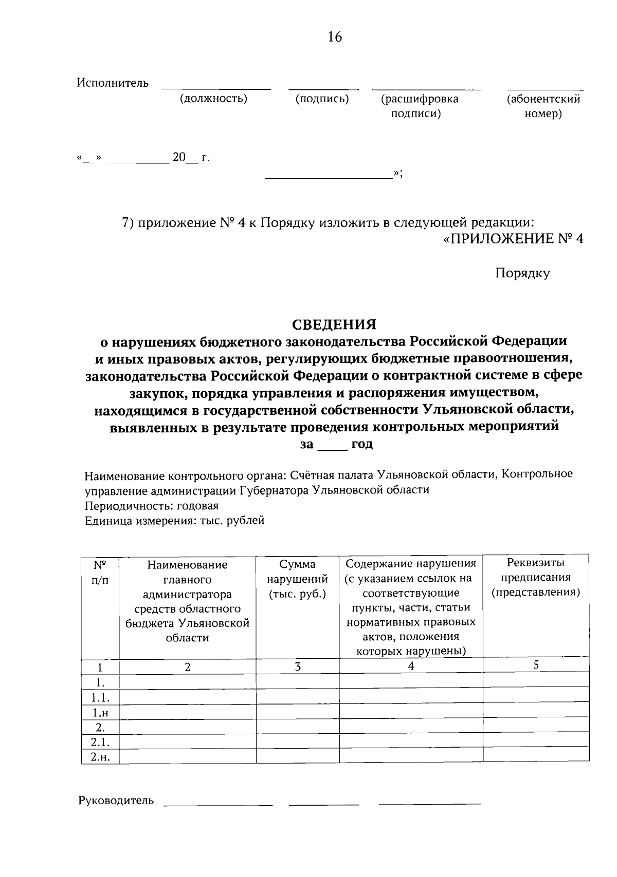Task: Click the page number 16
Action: click(x=334, y=37)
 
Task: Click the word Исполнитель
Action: click(x=113, y=83)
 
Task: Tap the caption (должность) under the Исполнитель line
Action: click(x=213, y=99)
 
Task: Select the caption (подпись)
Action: click(x=322, y=99)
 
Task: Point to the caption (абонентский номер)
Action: click(x=543, y=106)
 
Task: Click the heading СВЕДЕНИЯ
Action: click(x=334, y=325)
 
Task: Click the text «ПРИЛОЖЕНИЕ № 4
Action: click(x=513, y=239)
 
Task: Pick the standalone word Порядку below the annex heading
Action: click(x=522, y=273)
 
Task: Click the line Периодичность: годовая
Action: click(x=151, y=506)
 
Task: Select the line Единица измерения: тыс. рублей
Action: click(x=174, y=521)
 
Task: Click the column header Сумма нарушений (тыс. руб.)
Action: click(x=297, y=579)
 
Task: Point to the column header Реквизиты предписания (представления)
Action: click(x=536, y=578)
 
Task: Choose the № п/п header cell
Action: click(x=100, y=572)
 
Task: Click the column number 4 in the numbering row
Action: click(x=411, y=666)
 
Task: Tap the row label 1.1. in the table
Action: click(x=100, y=697)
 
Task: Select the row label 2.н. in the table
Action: click(x=100, y=756)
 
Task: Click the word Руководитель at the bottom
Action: click(x=116, y=800)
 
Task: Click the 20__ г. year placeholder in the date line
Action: click(x=191, y=158)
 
